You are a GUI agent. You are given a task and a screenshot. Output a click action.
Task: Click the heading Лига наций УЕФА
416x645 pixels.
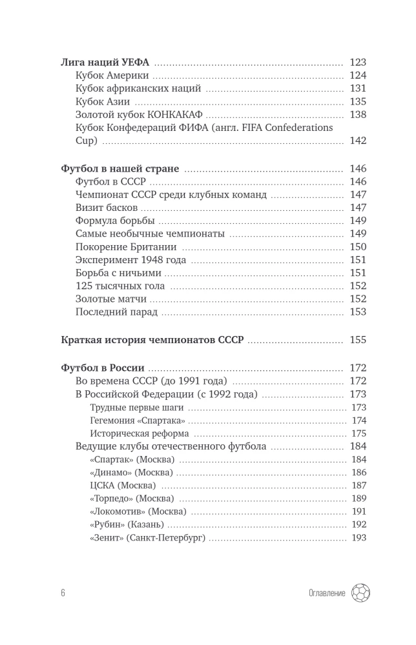click(105, 63)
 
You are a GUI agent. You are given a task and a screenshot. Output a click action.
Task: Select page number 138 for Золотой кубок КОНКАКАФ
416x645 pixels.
click(357, 114)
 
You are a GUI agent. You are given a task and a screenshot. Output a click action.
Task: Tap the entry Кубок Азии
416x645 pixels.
click(103, 101)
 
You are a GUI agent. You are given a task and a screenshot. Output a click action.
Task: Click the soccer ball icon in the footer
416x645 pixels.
click(360, 593)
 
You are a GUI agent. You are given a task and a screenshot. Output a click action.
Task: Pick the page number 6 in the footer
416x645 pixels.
click(63, 593)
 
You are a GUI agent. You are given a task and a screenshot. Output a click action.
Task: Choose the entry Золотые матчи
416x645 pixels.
click(110, 299)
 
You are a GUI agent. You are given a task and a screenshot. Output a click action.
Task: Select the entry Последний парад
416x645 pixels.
click(117, 312)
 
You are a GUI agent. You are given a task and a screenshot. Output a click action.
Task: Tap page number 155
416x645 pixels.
click(357, 340)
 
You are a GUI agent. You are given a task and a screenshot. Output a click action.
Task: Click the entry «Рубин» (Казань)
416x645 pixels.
click(127, 524)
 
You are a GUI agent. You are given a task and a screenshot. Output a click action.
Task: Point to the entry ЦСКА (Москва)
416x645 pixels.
click(123, 485)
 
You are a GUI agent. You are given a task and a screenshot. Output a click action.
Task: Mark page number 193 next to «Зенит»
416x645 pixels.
click(359, 537)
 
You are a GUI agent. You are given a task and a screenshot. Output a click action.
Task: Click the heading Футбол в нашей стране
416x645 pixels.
click(120, 169)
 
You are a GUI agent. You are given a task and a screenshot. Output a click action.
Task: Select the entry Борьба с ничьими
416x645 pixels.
click(118, 273)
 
